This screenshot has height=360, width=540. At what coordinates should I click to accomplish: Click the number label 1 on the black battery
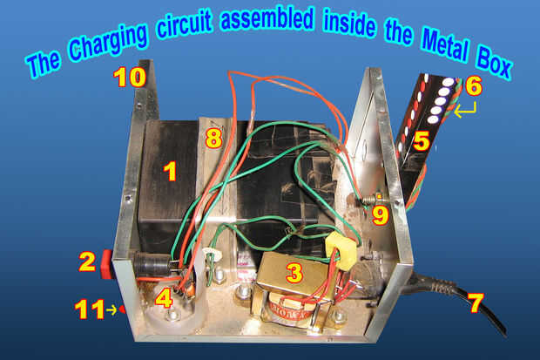click(170, 171)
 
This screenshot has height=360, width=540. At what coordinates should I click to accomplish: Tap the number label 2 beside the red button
click(87, 260)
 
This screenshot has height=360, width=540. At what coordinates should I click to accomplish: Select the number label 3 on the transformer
click(294, 274)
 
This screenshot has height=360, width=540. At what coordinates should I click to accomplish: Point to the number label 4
click(163, 298)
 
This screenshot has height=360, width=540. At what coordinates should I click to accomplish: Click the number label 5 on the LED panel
click(422, 140)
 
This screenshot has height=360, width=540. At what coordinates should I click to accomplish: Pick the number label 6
click(473, 85)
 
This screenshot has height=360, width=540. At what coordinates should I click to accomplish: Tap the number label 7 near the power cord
click(474, 304)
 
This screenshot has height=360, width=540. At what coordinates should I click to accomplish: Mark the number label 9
click(380, 214)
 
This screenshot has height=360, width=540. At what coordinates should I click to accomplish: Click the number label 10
click(130, 78)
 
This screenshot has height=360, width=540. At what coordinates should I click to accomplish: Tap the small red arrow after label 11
click(121, 309)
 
